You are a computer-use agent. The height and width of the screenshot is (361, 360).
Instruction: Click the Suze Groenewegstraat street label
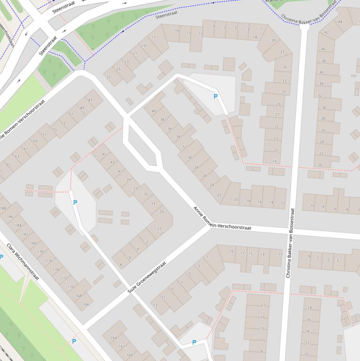pyautogui.click(x=147, y=278)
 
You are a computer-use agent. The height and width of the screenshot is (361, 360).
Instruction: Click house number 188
pyautogui.click(x=4, y=209)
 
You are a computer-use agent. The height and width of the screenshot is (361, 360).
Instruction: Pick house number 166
pyautogui.click(x=85, y=304)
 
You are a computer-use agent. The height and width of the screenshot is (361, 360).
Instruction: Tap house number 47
pyautogui.click(x=90, y=100)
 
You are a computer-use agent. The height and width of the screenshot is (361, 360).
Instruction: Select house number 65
pyautogui.click(x=8, y=165)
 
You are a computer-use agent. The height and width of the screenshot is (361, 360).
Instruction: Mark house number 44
pyautogui.click(x=340, y=22)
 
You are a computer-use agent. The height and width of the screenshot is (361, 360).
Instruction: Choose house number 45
pyautogui.click(x=104, y=154)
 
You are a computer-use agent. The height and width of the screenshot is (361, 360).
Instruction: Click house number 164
pyautogui.click(x=114, y=338)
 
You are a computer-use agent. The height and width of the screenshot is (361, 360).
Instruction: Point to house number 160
pyautogui.click(x=129, y=355)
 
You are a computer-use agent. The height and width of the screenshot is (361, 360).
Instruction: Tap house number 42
pyautogui.click(x=326, y=32)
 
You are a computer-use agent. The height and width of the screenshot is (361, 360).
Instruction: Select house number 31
pyautogui.click(x=283, y=92)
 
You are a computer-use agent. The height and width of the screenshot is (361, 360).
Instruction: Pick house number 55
pyautogui.click(x=55, y=130)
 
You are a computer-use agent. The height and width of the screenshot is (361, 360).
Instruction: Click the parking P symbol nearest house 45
pyautogui.click(x=75, y=203)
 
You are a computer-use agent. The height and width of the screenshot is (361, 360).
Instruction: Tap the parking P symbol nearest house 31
pyautogui.click(x=215, y=97)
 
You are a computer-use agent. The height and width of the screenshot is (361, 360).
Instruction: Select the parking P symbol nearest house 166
pyautogui.click(x=73, y=342)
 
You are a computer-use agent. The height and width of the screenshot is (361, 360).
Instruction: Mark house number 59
pyautogui.click(x=35, y=141)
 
